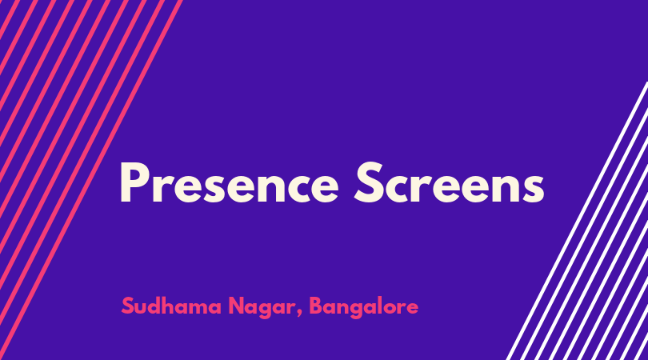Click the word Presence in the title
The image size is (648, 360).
point(230,182)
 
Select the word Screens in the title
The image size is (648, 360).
point(450,182)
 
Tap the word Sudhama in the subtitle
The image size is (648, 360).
point(171,306)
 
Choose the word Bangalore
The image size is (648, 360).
point(364,307)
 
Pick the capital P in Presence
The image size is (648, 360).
point(133,183)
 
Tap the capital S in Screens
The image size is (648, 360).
point(368,182)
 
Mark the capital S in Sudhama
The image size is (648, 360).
point(128,306)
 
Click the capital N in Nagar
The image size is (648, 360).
point(237,306)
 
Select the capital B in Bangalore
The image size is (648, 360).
point(316,306)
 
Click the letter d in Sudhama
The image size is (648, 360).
point(158,306)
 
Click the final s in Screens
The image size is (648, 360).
point(534,188)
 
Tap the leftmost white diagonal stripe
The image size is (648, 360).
point(578,221)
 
